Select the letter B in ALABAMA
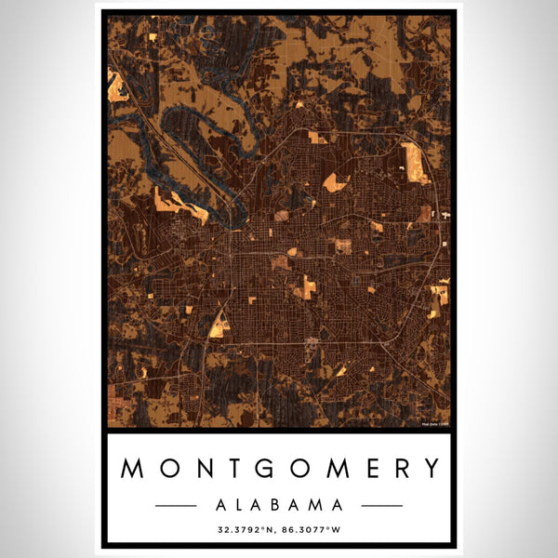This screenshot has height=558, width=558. tap(278, 505)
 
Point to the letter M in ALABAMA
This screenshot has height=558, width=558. tap(316, 505)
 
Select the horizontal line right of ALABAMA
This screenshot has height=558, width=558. tap(381, 505)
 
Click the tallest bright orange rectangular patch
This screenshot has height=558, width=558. tap(413, 162)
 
